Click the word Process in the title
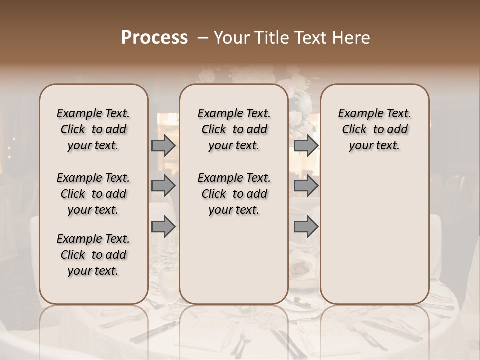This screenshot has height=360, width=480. pos(154,37)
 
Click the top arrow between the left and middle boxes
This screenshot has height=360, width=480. pos(163,145)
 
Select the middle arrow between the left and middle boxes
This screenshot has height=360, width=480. pos(163,186)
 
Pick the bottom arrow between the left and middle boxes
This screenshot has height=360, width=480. pos(163,227)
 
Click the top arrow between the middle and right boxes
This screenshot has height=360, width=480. pos(306,145)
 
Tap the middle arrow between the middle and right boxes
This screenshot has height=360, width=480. pos(306,186)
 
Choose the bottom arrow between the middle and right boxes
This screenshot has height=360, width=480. pos(306,227)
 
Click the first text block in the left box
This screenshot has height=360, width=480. pos(93,129)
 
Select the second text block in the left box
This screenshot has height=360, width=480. pos(93,194)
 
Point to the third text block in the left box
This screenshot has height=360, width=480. pos(93,255)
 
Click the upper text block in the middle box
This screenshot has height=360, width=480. pos(234,129)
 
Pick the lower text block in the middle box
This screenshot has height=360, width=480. pos(234,194)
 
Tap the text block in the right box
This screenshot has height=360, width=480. pos(374,129)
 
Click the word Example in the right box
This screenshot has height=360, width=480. pos(359,114)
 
